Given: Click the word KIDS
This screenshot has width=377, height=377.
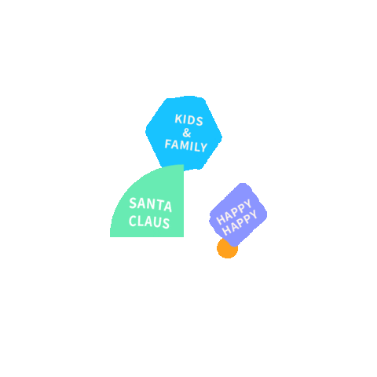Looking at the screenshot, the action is (188, 120).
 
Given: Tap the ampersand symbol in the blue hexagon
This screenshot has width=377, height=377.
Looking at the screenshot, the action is (187, 133).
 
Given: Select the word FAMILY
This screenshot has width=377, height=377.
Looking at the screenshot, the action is (186, 145).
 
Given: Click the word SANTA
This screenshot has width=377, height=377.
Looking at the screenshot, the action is (151, 205).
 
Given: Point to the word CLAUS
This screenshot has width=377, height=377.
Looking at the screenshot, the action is (149, 221).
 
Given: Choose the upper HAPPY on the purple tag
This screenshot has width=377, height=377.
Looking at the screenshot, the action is (234, 212).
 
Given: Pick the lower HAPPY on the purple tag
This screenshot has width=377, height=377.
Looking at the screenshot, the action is (240, 222).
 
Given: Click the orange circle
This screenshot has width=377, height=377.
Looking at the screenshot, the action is (227, 248).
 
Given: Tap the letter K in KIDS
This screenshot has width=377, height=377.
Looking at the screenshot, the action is (178, 119).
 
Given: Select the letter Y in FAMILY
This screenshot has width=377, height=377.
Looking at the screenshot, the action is (203, 148).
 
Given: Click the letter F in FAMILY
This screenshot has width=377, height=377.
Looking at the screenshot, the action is (168, 144).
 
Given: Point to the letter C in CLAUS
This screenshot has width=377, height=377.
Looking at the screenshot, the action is (133, 221).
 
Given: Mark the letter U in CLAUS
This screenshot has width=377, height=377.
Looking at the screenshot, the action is (158, 222).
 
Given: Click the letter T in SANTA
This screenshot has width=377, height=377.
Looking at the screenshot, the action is (160, 205).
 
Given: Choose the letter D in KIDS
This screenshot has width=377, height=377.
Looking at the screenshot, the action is (192, 120).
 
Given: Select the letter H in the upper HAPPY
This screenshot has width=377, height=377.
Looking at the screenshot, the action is (221, 220).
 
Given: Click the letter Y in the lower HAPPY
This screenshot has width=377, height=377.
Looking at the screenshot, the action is (254, 215).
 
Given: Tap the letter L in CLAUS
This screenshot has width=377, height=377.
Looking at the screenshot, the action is (141, 221).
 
